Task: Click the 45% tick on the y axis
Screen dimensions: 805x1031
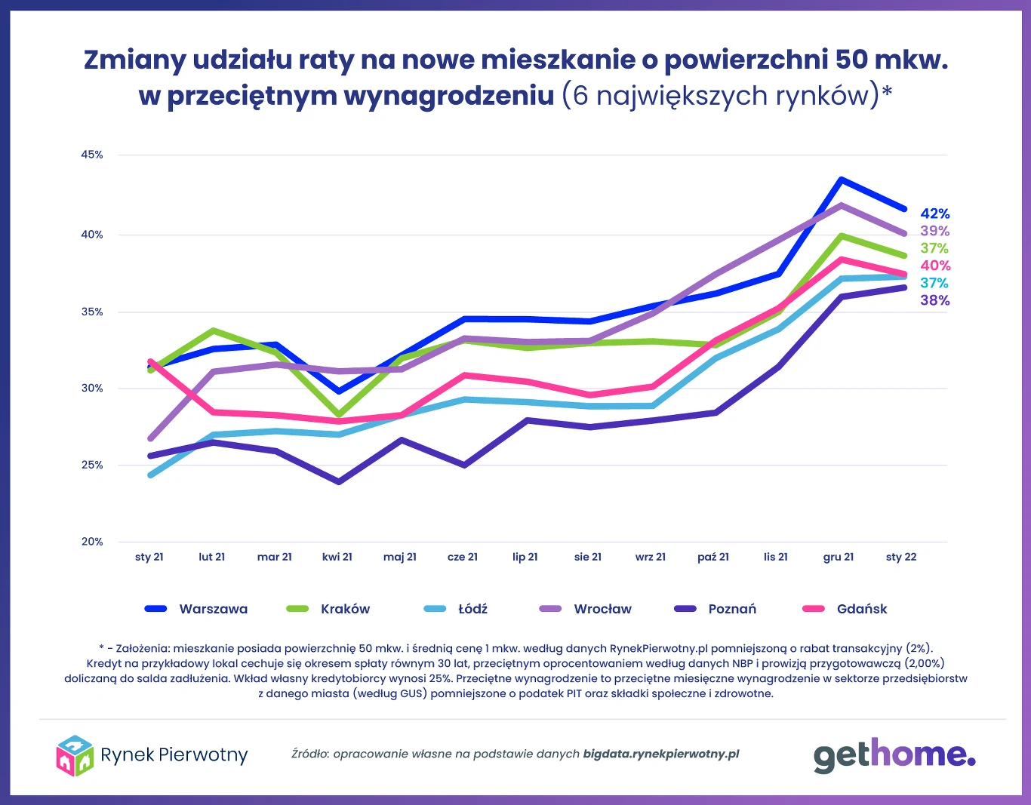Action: pos(92,155)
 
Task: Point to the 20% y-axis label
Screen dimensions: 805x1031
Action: pos(92,542)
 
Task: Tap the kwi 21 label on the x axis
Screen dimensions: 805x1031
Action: pos(337,557)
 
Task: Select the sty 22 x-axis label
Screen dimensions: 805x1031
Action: pos(901,557)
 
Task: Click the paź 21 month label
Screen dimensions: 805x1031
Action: pos(713,557)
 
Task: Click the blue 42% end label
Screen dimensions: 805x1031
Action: pos(935,214)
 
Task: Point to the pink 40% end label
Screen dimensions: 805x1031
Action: pos(935,266)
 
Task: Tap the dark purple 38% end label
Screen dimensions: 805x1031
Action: pos(935,300)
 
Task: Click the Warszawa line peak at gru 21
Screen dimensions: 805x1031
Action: pos(840,180)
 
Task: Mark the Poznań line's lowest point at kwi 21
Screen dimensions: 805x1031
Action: pos(337,481)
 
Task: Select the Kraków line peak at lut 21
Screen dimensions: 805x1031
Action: pos(214,330)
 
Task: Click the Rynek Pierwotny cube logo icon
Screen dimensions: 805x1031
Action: pos(75,755)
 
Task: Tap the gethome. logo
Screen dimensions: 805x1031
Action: pos(894,755)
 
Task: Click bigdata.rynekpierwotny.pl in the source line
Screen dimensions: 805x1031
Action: pos(661,754)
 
